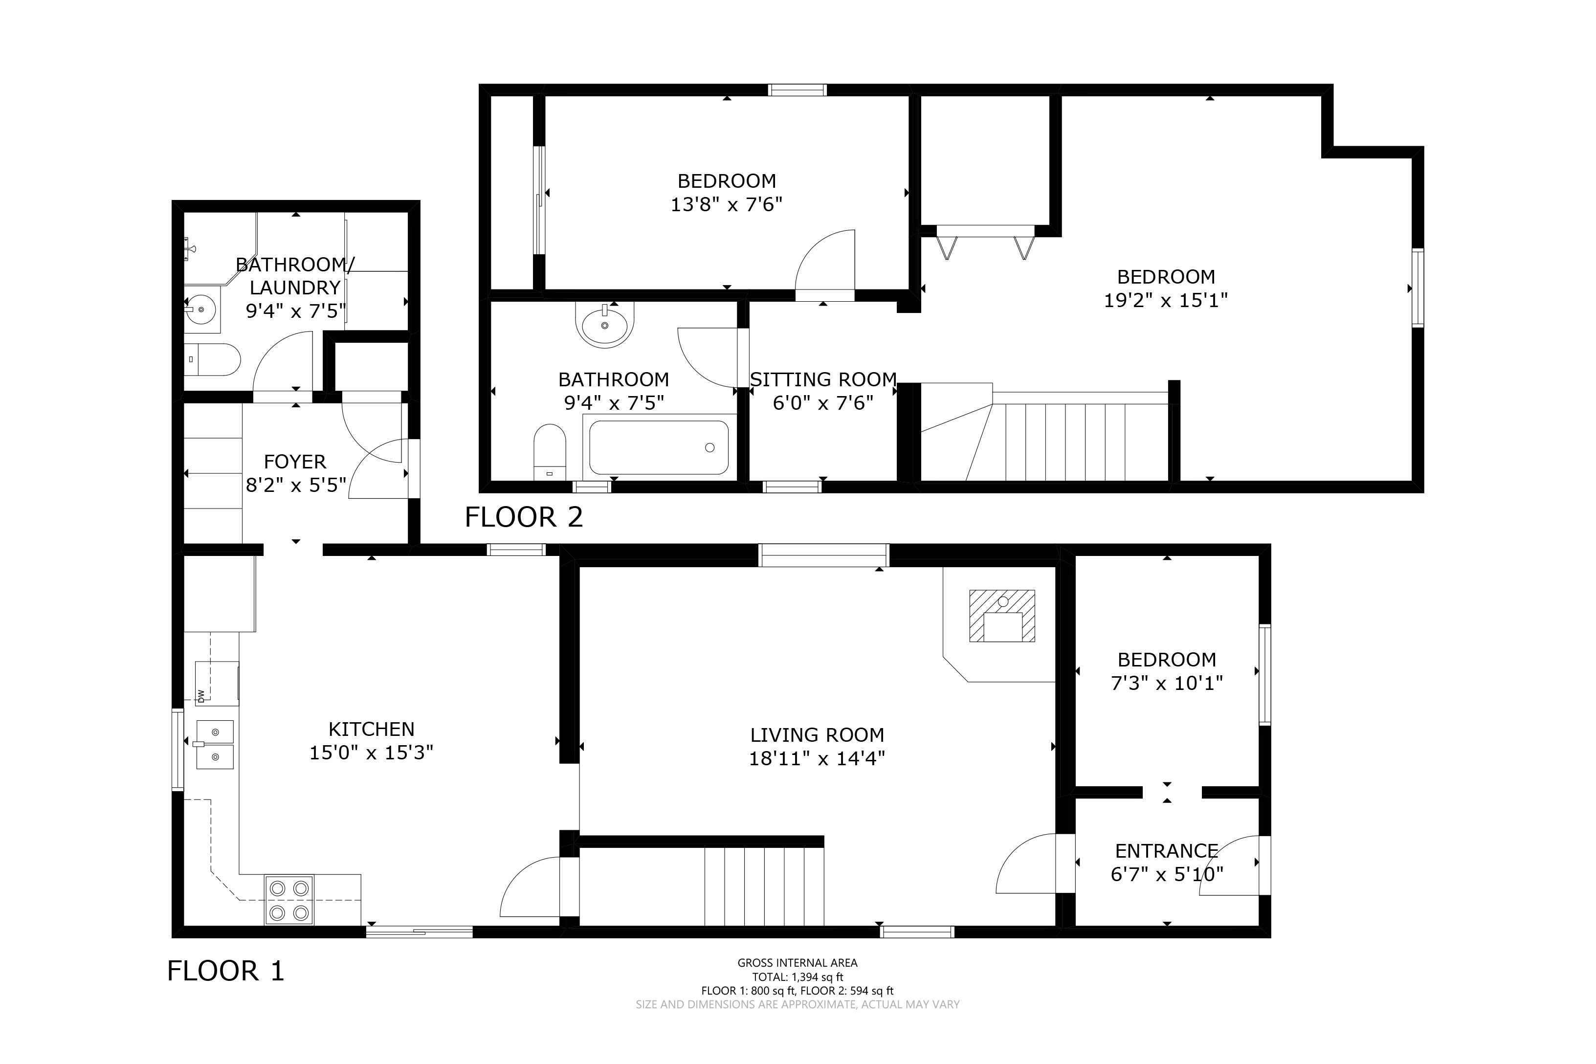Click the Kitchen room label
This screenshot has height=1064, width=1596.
click(x=371, y=730)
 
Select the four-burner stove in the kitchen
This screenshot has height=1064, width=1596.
click(x=288, y=900)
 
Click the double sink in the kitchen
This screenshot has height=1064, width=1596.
click(x=215, y=744)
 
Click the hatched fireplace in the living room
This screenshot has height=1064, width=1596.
click(x=1002, y=616)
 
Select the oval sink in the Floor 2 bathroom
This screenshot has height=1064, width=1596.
click(x=604, y=324)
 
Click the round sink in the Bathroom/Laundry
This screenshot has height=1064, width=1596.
click(x=201, y=310)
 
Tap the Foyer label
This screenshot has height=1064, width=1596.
click(x=295, y=462)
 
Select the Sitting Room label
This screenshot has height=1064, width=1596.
click(x=823, y=379)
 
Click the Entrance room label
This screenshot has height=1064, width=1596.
click(x=1167, y=851)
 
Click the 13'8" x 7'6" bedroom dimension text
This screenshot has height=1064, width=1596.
click(x=727, y=204)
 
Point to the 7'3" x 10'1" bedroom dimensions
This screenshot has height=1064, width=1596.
click(x=1167, y=683)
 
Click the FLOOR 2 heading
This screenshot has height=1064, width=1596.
click(x=524, y=518)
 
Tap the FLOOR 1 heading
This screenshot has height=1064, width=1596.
click(x=226, y=971)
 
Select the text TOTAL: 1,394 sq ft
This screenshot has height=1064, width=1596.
click(x=798, y=977)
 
